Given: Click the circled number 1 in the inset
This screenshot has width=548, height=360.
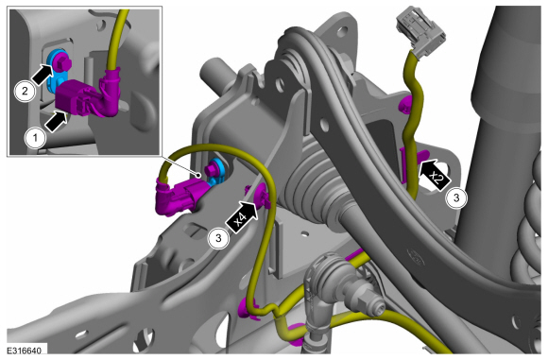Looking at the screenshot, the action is tap(35, 138).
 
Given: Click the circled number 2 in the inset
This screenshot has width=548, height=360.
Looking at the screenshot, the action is tap(25, 92).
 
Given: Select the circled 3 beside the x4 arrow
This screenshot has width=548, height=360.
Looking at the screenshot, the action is tap(218, 238).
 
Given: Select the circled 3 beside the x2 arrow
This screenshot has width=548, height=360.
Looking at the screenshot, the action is tap(456, 197).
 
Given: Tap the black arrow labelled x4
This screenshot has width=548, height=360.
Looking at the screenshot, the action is tap(243, 216).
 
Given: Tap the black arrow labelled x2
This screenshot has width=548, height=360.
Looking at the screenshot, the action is tap(434, 174).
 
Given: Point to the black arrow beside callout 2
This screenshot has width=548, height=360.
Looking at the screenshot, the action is tap(43, 75).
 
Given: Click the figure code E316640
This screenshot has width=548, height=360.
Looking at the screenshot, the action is tap(25, 351).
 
